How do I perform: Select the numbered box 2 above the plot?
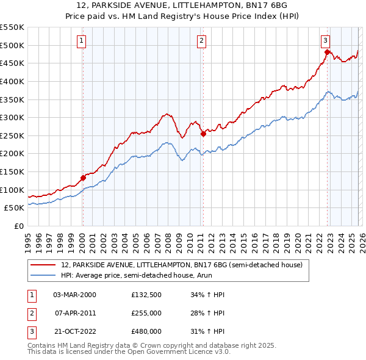pos(201,41)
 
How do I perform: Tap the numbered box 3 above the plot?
pos(326,41)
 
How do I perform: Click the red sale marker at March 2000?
pos(83,178)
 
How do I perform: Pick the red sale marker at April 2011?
pos(203,134)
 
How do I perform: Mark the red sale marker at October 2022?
pos(327,52)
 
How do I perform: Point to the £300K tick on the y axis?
pos(12,117)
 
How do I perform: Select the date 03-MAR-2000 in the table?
pos(75,295)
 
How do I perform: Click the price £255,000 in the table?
pos(146,313)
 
